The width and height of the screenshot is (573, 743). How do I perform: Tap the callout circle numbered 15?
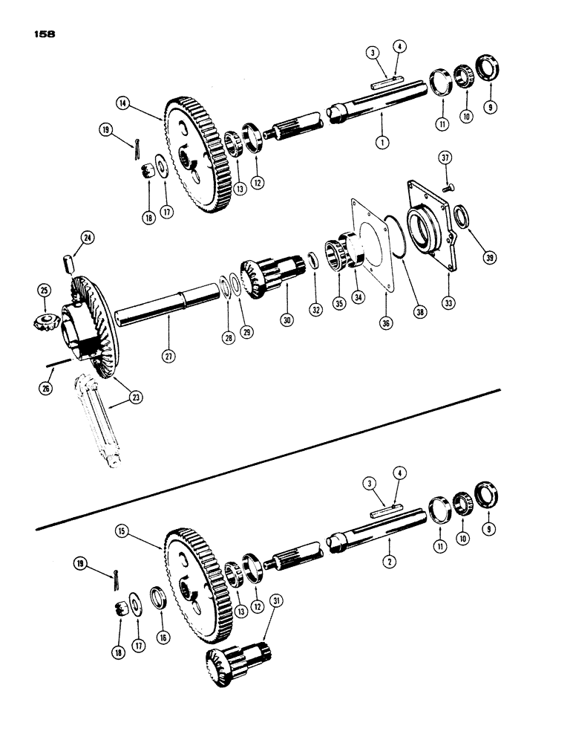click(121, 532)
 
